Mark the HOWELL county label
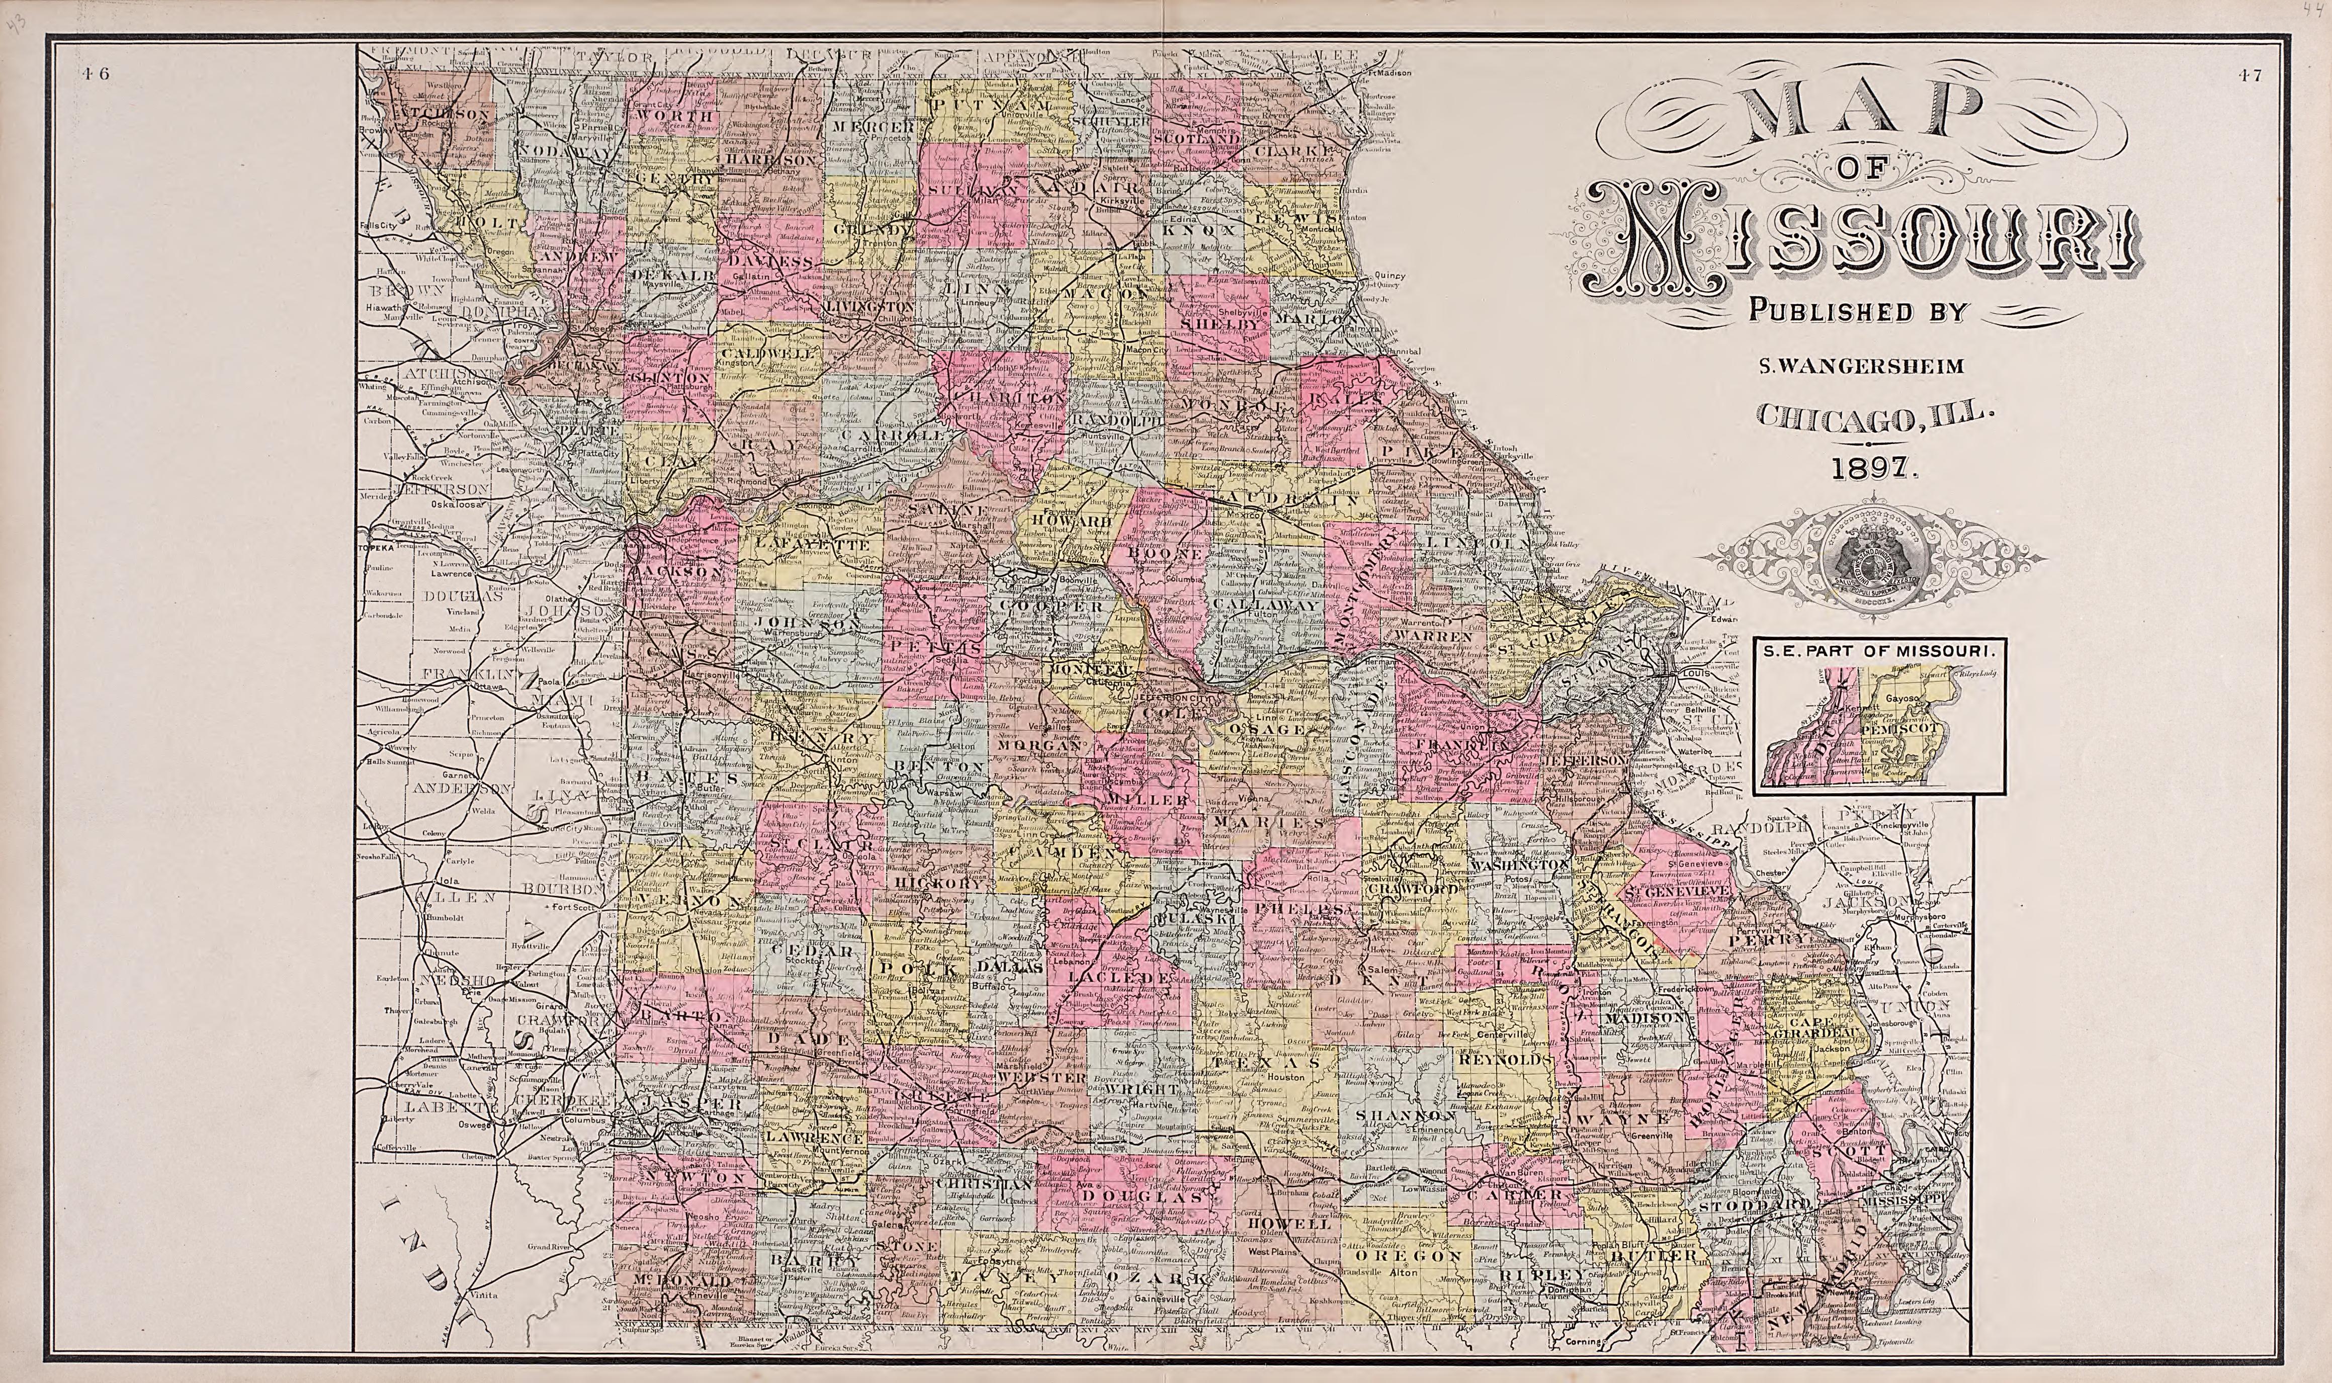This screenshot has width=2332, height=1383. pyautogui.click(x=1278, y=1223)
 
